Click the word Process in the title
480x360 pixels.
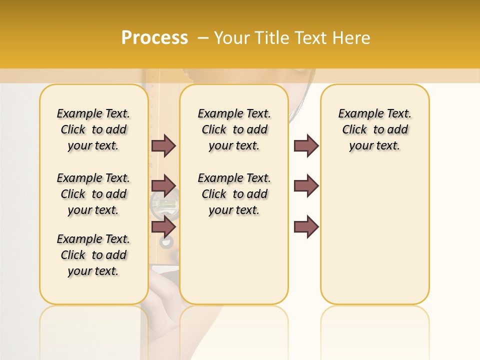pos(154,38)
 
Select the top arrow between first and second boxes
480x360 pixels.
pos(163,145)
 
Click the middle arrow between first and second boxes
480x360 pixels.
pos(163,186)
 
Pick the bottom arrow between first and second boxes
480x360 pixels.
pos(163,227)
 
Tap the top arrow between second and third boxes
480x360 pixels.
pos(306,145)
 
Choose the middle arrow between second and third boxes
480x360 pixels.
pos(306,186)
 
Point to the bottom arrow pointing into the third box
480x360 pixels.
pos(306,227)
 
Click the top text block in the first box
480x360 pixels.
pos(93,129)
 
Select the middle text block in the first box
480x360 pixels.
pos(93,194)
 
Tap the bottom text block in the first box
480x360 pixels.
pos(93,255)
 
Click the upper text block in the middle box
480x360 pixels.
pos(234,129)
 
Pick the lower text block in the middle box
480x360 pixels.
pos(234,194)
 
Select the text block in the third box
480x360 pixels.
pos(374,129)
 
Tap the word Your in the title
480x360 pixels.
pos(232,38)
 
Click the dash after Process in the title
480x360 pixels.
pos(203,38)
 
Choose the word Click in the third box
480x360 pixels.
pos(354,130)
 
